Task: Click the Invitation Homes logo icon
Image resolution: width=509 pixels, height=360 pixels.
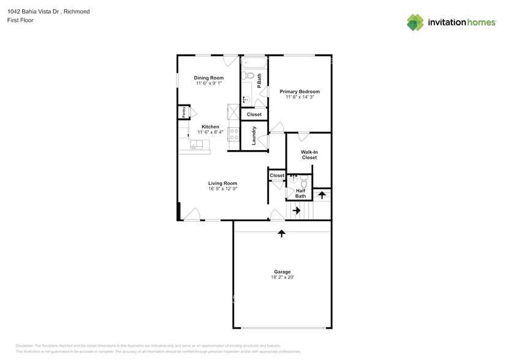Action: (x=416, y=22)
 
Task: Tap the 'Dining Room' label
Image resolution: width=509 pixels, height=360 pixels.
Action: (x=208, y=78)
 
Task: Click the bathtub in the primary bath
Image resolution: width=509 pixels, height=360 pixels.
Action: (x=254, y=63)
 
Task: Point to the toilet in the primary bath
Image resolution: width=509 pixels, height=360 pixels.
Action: (x=246, y=76)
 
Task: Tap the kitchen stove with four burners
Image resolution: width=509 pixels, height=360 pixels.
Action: (x=233, y=134)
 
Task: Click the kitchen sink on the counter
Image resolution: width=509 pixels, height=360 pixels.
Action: (x=197, y=144)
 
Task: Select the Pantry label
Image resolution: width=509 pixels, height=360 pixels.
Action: (x=183, y=112)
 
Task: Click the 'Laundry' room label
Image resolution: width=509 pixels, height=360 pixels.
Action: (x=254, y=137)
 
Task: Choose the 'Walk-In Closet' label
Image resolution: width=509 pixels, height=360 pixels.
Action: (x=309, y=154)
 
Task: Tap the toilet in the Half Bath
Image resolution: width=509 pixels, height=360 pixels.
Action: (x=306, y=180)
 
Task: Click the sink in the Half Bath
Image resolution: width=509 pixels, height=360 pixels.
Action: (x=293, y=179)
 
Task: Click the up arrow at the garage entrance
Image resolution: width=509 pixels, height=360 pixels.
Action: (x=281, y=233)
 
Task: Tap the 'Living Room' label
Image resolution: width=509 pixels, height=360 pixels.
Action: (x=222, y=183)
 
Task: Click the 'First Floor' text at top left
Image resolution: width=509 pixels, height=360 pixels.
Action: (x=20, y=20)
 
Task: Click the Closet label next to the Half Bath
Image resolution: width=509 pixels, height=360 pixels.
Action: (x=277, y=176)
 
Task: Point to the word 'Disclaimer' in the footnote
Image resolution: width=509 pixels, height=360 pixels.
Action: (x=25, y=346)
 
